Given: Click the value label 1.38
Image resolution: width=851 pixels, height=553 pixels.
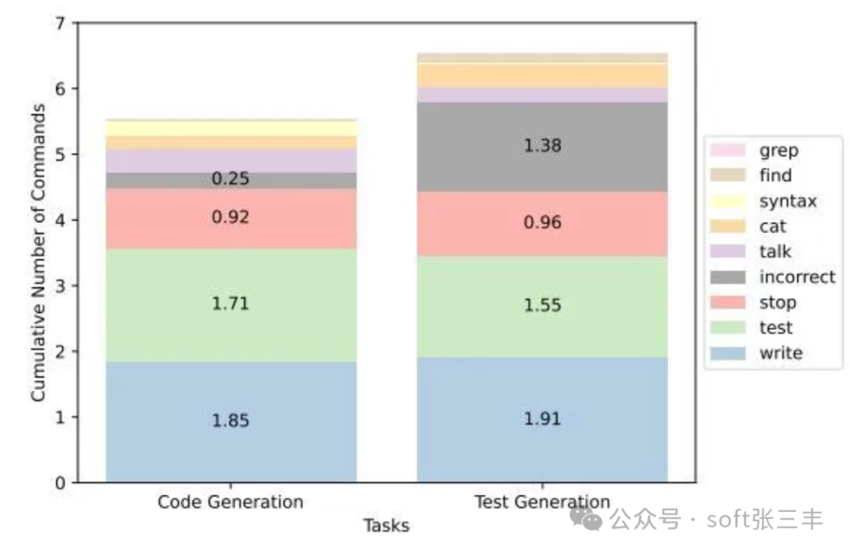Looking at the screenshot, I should coord(542,146).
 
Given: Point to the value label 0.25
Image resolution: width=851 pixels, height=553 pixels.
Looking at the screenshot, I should coord(230,179).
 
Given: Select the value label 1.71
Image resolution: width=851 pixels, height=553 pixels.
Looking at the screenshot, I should coord(230,303).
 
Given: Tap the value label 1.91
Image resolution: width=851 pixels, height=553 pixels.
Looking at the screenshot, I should coord(542,418).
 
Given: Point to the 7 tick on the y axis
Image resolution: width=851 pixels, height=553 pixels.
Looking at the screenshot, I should coord(61,23).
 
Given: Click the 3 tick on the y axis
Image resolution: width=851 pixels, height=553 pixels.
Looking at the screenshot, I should coord(61,286).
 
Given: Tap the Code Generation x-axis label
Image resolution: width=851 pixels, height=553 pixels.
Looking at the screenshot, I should coord(230,503).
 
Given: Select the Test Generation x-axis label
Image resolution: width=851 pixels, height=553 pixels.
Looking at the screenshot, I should coord(542,503).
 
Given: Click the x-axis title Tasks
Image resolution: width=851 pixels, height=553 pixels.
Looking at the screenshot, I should coord(386,525).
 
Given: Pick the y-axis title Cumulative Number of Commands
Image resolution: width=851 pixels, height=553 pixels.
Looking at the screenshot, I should coord(39,252).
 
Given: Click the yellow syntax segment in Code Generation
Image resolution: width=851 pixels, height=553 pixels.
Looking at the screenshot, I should coord(230,128).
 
